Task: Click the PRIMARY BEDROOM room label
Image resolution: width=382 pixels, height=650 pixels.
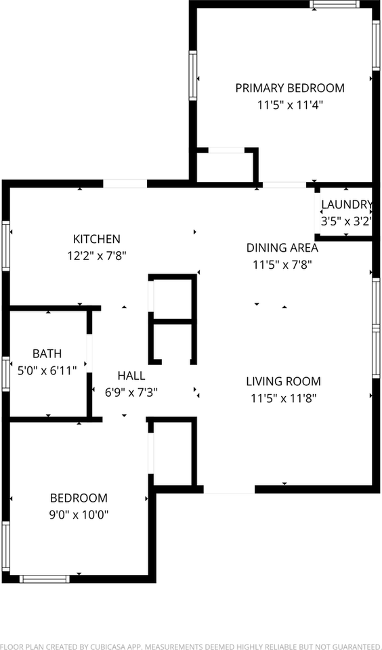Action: [x=289, y=88]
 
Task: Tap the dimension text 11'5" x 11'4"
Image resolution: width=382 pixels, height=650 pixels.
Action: [x=289, y=105]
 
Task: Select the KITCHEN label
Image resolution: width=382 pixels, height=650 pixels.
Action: [x=97, y=239]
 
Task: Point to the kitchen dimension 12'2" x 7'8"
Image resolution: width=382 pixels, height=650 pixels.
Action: [x=97, y=255]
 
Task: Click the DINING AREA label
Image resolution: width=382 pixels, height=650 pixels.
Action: [x=282, y=248]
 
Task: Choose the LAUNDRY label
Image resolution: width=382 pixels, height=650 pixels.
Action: [x=346, y=204]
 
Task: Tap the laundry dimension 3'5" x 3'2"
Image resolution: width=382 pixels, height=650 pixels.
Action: [x=346, y=221]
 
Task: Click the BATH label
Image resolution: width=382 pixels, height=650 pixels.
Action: [x=47, y=353]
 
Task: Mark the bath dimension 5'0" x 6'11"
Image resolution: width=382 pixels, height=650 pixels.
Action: [x=47, y=370]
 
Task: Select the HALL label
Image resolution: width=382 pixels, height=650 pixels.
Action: [x=131, y=376]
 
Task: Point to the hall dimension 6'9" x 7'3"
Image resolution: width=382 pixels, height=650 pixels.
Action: [x=131, y=392]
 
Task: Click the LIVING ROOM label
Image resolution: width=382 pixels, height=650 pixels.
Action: [x=283, y=382]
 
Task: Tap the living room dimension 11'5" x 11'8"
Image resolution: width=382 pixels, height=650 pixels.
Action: [x=283, y=398]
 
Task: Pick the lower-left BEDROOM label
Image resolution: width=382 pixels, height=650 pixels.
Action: [x=79, y=498]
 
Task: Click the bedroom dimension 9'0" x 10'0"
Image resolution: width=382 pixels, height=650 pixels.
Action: [x=79, y=515]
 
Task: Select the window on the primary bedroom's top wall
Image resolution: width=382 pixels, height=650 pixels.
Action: [x=335, y=4]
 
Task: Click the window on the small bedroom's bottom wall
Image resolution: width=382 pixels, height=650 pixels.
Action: [x=45, y=579]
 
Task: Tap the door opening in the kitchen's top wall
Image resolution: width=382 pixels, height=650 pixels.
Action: [x=125, y=183]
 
